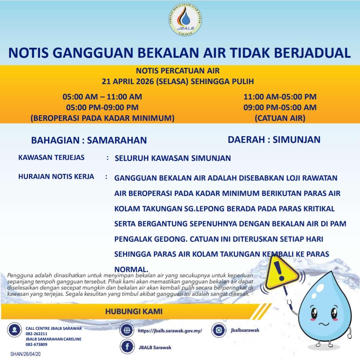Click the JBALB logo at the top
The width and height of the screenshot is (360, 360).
(186, 20)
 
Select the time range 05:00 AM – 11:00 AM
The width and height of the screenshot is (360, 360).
(102, 97)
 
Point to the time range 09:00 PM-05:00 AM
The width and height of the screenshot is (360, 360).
(280, 107)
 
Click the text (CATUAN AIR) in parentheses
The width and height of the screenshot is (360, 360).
(280, 118)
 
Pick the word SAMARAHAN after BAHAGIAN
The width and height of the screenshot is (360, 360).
(117, 140)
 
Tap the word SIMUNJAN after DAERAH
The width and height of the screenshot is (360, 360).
(296, 139)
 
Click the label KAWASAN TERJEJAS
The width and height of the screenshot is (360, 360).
(51, 157)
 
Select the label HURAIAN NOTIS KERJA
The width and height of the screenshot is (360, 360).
(56, 176)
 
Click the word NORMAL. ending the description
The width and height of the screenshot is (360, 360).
(131, 269)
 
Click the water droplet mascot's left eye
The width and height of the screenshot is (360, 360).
(314, 313)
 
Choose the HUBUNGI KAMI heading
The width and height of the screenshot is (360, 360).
(134, 312)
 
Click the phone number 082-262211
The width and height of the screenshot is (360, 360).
(36, 334)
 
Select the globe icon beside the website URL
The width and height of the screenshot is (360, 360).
(126, 331)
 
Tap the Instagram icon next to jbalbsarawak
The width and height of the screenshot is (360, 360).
(219, 330)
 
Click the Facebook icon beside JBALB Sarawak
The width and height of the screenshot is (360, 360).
(127, 347)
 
